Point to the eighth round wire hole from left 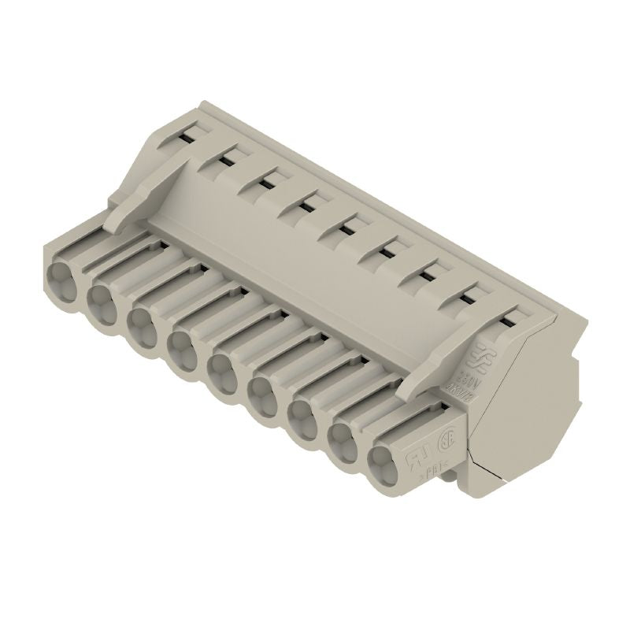click(x=345, y=438)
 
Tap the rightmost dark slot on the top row click(x=510, y=318)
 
